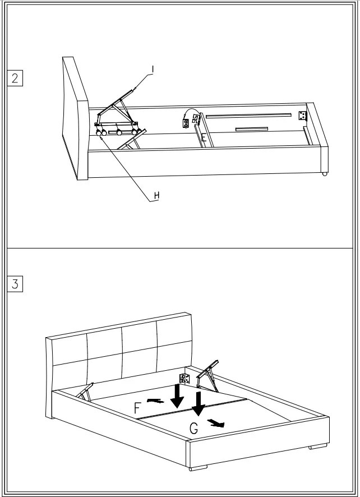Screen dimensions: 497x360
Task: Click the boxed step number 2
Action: (15, 77)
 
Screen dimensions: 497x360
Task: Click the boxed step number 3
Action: (15, 284)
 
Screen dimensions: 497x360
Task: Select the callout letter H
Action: (157, 195)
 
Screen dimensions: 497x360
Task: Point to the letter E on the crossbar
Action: (204, 137)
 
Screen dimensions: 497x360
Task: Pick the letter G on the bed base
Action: (193, 429)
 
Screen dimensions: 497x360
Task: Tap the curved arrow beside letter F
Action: (156, 401)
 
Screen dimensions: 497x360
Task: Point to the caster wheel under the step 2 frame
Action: (324, 173)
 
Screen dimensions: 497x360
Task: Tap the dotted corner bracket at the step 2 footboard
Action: (303, 116)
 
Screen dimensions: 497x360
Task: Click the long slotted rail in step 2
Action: (248, 115)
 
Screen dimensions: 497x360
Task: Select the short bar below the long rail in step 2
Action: (251, 128)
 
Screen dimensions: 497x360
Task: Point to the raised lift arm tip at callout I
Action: (133, 89)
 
